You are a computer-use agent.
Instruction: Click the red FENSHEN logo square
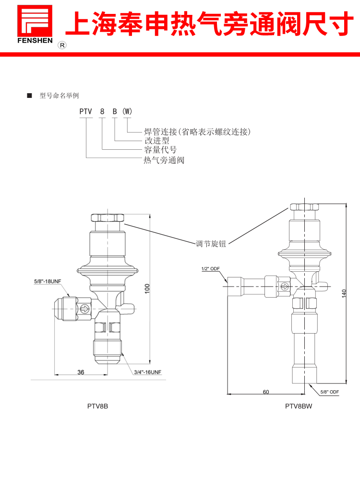click(x=35, y=21)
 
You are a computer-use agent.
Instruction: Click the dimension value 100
click(x=148, y=288)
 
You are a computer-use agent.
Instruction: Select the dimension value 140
click(x=344, y=293)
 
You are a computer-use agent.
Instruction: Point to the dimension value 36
click(x=81, y=372)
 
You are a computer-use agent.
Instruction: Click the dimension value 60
click(x=266, y=392)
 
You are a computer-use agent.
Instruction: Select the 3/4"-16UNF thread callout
click(x=148, y=372)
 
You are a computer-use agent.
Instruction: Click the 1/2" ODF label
click(x=210, y=269)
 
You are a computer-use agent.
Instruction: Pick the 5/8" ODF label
click(x=329, y=392)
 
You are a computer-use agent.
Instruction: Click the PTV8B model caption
click(x=97, y=406)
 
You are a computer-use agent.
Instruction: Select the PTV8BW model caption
click(x=299, y=406)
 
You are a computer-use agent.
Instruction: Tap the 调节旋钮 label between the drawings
click(x=211, y=244)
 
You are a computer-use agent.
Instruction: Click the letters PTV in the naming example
click(x=86, y=111)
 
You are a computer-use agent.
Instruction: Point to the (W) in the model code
click(x=127, y=111)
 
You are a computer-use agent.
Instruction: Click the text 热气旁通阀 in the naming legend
click(x=164, y=160)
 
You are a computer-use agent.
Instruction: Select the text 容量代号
click(x=161, y=150)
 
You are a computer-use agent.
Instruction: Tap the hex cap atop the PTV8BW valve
click(x=304, y=207)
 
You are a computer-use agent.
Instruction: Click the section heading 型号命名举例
click(x=59, y=96)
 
